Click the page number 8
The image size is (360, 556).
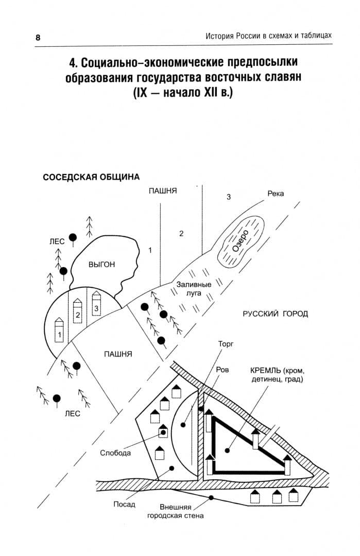pyautogui.click(x=38, y=37)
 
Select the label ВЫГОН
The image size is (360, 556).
pyautogui.click(x=102, y=265)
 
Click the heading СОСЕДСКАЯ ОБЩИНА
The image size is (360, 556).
pyautogui.click(x=91, y=177)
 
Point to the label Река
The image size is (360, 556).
pyautogui.click(x=276, y=194)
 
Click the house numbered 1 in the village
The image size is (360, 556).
pyautogui.click(x=59, y=330)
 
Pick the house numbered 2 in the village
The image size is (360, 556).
pyautogui.click(x=78, y=310)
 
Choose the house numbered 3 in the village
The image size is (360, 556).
pyautogui.click(x=96, y=304)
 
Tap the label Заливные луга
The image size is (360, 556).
pyautogui.click(x=194, y=289)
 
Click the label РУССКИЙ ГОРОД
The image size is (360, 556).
pyautogui.click(x=275, y=314)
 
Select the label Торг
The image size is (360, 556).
pyautogui.click(x=226, y=344)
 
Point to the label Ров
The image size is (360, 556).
pyautogui.click(x=222, y=370)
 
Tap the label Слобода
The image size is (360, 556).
pyautogui.click(x=115, y=453)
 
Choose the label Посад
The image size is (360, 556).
pyautogui.click(x=124, y=504)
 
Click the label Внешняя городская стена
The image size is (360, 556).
pyautogui.click(x=176, y=511)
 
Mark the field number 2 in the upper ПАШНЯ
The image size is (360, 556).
pyautogui.click(x=181, y=233)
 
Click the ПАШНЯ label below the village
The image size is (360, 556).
pyautogui.click(x=118, y=354)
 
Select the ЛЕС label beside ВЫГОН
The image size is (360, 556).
pyautogui.click(x=57, y=241)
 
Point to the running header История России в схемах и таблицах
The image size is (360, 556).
pyautogui.click(x=268, y=36)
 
